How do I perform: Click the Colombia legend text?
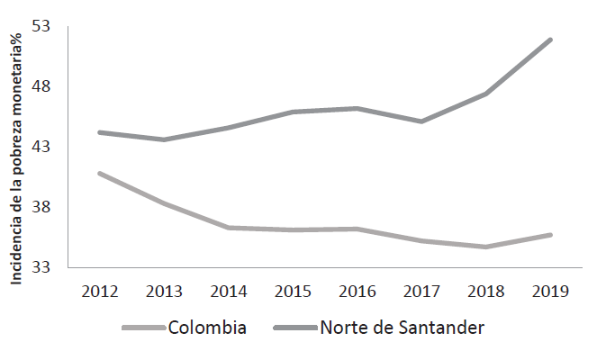(207, 327)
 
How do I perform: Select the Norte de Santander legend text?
(402, 327)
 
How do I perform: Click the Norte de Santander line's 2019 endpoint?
(550, 40)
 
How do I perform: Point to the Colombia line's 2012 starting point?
(99, 173)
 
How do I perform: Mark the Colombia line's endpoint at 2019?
(550, 235)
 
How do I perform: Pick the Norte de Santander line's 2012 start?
(99, 132)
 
